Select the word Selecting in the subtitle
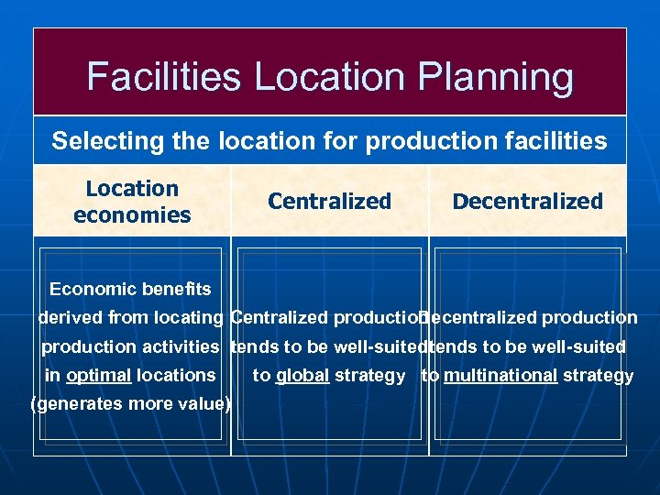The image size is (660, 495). pos(94,141)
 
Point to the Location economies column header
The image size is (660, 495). pos(132,202)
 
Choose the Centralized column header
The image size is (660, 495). pos(329,202)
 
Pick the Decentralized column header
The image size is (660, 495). pos(528,202)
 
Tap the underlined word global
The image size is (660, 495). pos(302,375)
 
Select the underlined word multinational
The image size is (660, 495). pos(500,375)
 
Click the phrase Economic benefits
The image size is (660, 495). pos(130,290)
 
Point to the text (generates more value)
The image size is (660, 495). pos(130,404)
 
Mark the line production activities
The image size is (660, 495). pos(130,346)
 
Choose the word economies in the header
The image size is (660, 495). pos(132,215)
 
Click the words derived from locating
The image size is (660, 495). pos(130,318)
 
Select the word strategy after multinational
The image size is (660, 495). pos(599,375)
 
